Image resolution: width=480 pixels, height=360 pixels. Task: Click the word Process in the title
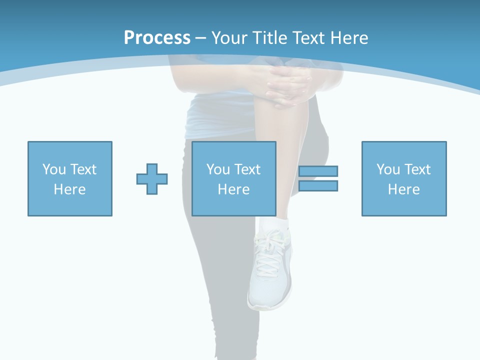(x=157, y=38)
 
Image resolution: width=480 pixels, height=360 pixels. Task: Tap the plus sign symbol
(x=152, y=179)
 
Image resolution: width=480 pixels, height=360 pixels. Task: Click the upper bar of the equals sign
(x=318, y=171)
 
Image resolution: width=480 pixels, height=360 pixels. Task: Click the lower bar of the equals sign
(x=318, y=185)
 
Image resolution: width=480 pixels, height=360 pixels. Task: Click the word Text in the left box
(x=83, y=169)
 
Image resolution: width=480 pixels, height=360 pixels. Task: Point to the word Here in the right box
(x=403, y=189)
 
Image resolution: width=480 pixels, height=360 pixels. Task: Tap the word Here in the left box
(x=69, y=189)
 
